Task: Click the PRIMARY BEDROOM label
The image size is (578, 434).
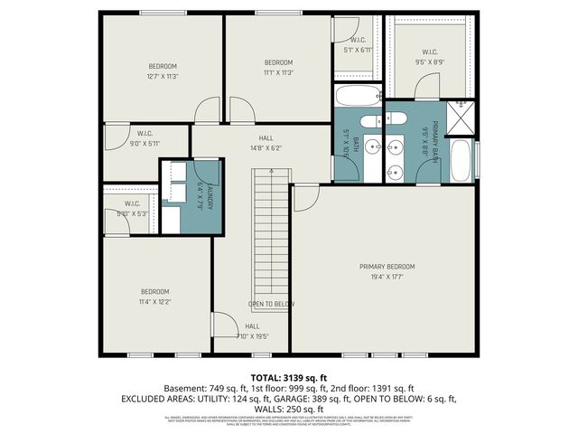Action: coord(387,267)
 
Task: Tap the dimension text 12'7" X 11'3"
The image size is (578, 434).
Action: coord(163,77)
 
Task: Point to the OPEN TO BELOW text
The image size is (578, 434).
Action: coord(271,305)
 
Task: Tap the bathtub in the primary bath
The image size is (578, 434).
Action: coord(461,160)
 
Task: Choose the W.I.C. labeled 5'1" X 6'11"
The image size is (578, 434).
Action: coord(358,44)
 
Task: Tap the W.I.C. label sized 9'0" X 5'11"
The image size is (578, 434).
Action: coord(144,137)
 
